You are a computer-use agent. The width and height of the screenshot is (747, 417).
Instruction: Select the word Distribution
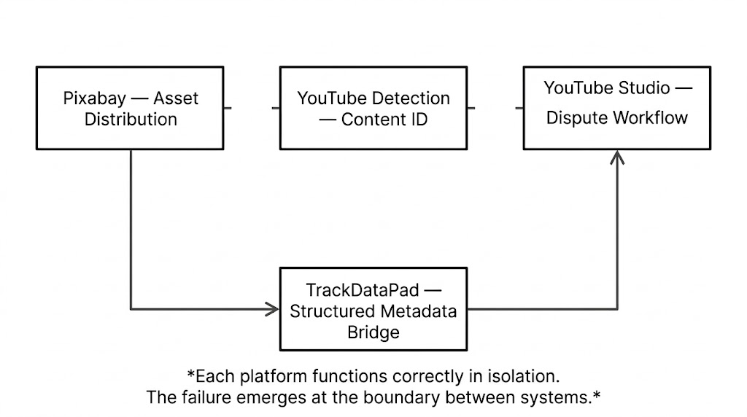point(131,119)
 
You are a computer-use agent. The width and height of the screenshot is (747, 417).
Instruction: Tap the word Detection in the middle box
point(411,98)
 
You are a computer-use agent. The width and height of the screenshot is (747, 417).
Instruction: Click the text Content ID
point(384,119)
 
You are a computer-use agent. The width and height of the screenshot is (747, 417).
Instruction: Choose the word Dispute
point(573,117)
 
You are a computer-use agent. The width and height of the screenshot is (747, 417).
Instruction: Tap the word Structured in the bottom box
point(331,311)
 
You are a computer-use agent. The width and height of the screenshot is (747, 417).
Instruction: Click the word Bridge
point(373,332)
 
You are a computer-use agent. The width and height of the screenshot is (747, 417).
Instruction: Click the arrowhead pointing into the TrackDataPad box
point(273,309)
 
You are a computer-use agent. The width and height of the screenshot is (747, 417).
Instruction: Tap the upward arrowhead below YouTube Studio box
point(617,156)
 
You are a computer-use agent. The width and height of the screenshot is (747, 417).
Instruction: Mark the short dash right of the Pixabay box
point(228,108)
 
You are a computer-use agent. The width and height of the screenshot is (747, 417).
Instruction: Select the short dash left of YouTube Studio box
point(519,108)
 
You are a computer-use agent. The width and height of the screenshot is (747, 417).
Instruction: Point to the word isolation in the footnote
point(525,376)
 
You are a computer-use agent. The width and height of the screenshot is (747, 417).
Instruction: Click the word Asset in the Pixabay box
point(176,98)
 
